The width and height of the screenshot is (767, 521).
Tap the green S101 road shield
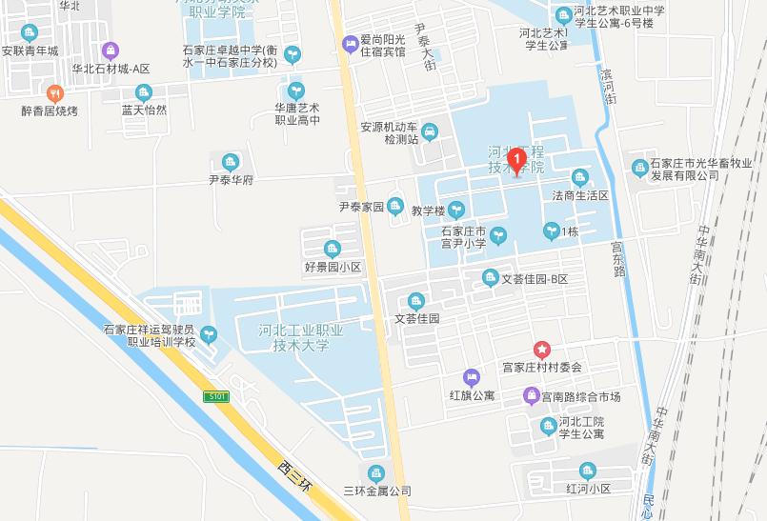(217, 394)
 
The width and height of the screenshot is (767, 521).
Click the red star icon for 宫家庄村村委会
(541, 350)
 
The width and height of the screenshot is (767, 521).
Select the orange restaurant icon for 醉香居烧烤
(54, 93)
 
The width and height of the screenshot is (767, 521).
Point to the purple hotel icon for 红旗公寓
(471, 377)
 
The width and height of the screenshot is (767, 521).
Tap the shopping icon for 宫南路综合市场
(531, 395)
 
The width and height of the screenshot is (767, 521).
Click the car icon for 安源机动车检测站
(430, 130)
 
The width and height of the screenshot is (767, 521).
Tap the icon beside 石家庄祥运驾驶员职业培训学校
(209, 333)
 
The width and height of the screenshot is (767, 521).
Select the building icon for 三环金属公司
(376, 473)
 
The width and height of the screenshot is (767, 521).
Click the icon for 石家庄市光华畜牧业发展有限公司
(639, 168)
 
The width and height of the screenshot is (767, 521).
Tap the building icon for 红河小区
(587, 471)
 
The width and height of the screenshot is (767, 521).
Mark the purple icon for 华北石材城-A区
(111, 50)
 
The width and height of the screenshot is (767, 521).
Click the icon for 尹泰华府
(229, 162)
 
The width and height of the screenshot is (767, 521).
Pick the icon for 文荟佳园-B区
(490, 278)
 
